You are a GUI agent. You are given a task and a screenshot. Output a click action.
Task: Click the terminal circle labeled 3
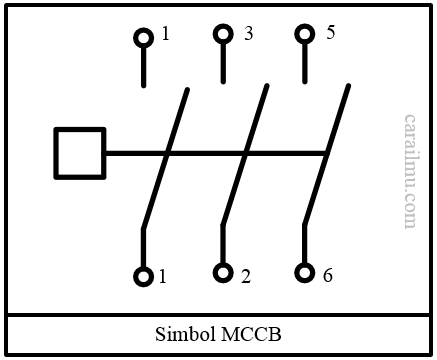pyautogui.click(x=223, y=35)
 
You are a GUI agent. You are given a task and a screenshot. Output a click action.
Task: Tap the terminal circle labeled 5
pyautogui.click(x=304, y=35)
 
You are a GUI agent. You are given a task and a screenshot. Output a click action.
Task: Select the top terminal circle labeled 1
pyautogui.click(x=143, y=38)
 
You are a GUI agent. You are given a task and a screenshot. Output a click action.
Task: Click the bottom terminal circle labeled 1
pyautogui.click(x=143, y=276)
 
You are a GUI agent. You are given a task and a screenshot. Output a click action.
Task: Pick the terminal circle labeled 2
pyautogui.click(x=223, y=273)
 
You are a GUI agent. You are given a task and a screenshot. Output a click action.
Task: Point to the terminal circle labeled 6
pyautogui.click(x=304, y=273)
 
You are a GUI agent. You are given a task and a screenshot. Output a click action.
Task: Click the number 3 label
pyautogui.click(x=247, y=34)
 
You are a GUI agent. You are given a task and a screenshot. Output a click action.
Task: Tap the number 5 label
pyautogui.click(x=330, y=32)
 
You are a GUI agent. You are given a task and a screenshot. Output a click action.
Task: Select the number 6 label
pyautogui.click(x=327, y=275)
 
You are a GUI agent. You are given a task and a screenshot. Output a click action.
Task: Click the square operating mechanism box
pyautogui.click(x=79, y=153)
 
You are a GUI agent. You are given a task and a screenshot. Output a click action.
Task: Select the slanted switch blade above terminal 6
pyautogui.click(x=327, y=155)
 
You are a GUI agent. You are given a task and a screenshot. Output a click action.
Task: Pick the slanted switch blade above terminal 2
pyautogui.click(x=246, y=155)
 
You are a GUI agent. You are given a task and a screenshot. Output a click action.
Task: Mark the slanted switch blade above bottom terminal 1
pyautogui.click(x=166, y=155)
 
